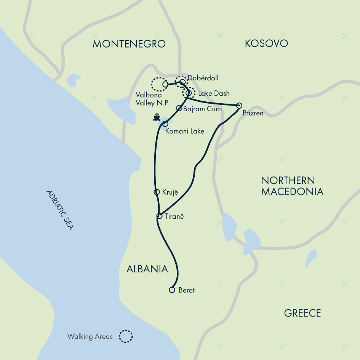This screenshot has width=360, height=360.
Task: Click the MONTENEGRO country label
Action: tap(129, 44)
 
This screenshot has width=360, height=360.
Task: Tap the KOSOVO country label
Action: tap(266, 43)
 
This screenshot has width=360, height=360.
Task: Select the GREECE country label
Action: tap(302, 313)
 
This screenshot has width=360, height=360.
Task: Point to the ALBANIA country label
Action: tap(147, 269)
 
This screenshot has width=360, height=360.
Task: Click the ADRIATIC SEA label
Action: tap(59, 210)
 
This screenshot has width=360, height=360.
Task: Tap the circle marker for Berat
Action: tap(172, 290)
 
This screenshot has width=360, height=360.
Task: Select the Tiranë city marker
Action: tap(160, 216)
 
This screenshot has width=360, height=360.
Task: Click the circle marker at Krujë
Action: tap(156, 192)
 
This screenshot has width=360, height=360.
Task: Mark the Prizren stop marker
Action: tap(239, 106)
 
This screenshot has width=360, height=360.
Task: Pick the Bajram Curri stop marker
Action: tap(179, 108)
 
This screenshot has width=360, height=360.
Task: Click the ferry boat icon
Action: tap(156, 117)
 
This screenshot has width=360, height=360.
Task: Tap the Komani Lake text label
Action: tap(185, 131)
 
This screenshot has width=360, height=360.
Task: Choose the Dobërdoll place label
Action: tap(203, 78)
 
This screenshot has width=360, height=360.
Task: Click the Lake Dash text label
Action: tap(214, 93)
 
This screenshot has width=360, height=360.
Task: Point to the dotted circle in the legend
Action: tap(125, 336)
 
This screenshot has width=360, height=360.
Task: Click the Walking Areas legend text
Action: tap(90, 337)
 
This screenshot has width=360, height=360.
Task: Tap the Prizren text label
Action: tap(253, 114)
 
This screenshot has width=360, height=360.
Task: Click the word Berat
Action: tap(187, 290)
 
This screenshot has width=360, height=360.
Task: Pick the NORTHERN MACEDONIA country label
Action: tap(292, 186)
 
